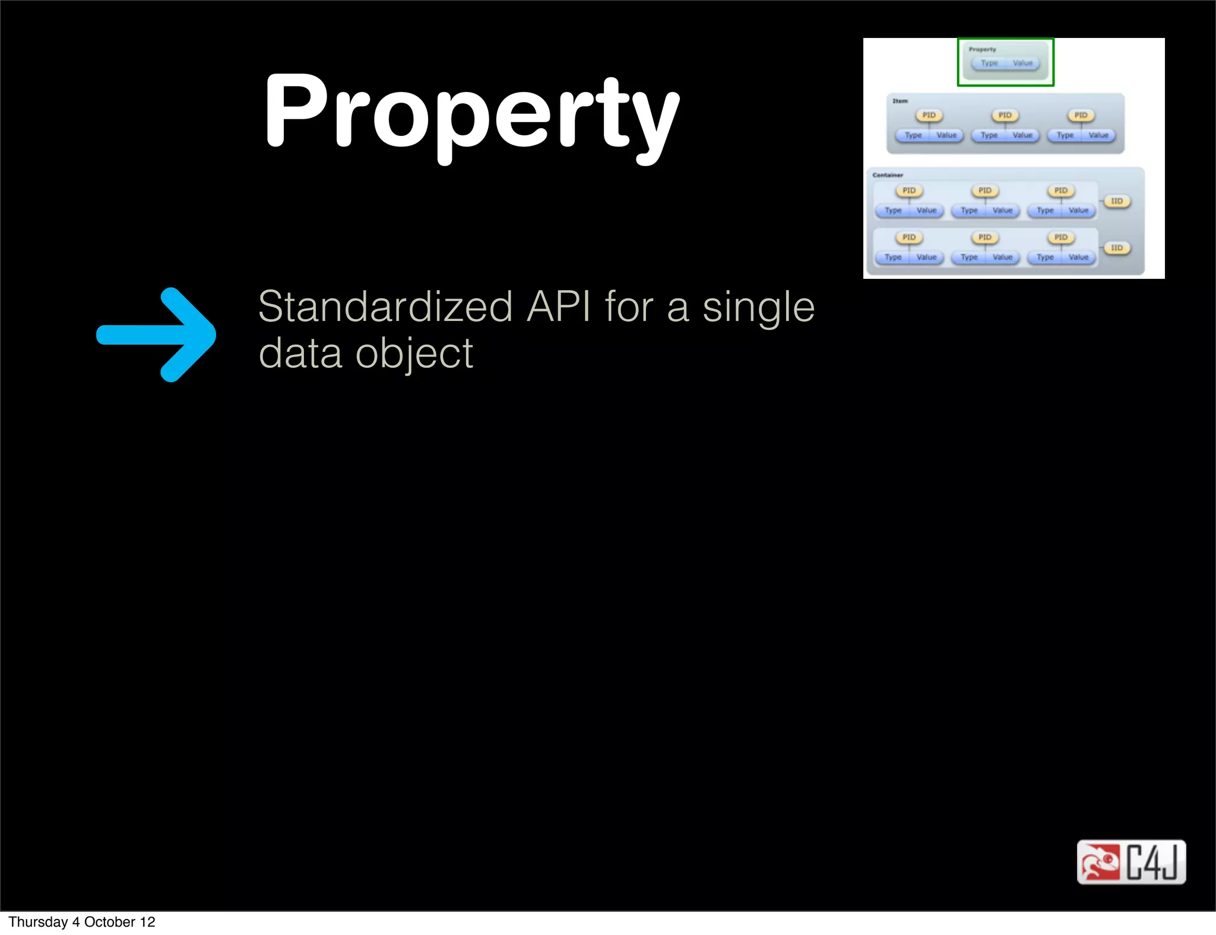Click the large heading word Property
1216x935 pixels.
[472, 113]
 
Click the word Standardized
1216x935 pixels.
[385, 307]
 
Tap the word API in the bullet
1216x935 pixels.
[559, 307]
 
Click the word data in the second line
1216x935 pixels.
[300, 354]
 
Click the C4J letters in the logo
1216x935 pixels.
[1152, 862]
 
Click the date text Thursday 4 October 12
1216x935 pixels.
[82, 922]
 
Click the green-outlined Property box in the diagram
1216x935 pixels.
[1005, 62]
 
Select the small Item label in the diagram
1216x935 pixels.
[900, 101]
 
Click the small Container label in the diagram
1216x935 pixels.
[888, 175]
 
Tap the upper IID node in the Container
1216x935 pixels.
[1117, 201]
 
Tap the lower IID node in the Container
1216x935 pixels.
[1117, 247]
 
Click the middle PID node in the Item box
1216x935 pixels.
[1005, 115]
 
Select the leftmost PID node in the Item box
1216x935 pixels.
[929, 115]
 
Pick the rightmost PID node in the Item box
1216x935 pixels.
[1081, 115]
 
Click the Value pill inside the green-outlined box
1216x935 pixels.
[1022, 63]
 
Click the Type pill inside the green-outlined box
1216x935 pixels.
[989, 63]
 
